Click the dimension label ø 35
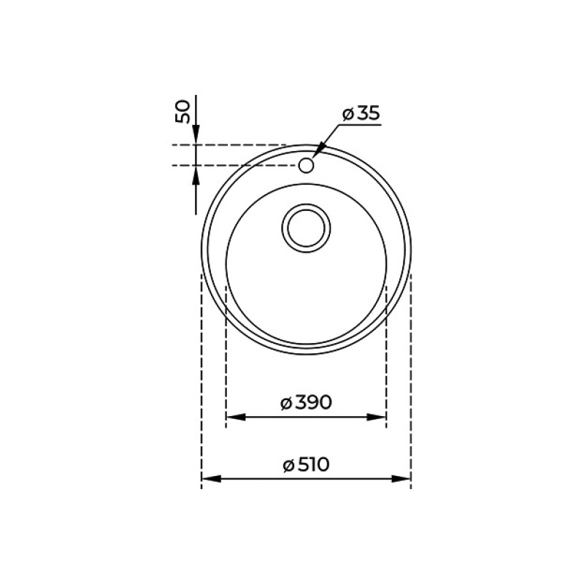point(361,113)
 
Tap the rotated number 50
point(183,112)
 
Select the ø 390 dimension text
point(306,403)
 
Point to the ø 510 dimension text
point(306,465)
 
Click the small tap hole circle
point(306,165)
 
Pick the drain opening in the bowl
point(306,228)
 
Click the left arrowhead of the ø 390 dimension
point(236,417)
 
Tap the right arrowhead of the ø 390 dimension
point(376,417)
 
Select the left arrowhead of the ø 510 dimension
point(211,479)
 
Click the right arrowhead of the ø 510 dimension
point(401,479)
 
